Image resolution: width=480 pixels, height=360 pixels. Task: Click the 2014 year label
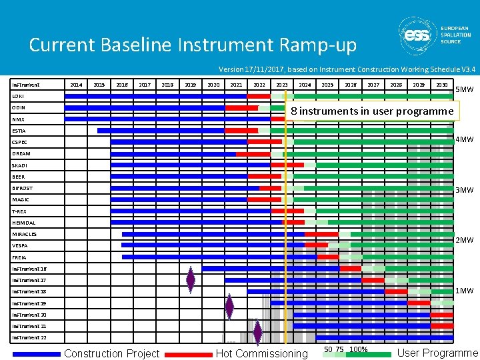point(77,85)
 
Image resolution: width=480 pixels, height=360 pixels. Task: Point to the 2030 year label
point(441,85)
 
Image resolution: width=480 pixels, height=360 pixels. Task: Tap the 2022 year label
point(259,85)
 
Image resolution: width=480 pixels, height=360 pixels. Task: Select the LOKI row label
point(19,97)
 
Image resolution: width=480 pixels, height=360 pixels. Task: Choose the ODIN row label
point(19,108)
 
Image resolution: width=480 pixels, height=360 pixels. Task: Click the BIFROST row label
point(22,189)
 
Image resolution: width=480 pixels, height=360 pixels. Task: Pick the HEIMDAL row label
point(24,223)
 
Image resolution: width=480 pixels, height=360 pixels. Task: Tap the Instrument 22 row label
point(29,338)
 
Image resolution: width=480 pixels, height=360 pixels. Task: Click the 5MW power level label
point(464,90)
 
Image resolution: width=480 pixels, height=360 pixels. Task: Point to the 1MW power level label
point(464,291)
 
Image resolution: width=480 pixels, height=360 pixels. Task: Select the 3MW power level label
point(464,190)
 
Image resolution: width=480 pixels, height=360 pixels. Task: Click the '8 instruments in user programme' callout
point(372,111)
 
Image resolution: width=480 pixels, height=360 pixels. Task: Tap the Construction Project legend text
point(112,353)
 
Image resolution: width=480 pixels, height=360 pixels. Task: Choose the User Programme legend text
point(437,353)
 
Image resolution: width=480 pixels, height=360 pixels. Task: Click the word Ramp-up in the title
point(319,45)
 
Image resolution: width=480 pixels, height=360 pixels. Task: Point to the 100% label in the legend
point(359,349)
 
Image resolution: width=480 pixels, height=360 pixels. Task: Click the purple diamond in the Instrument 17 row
point(191,281)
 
